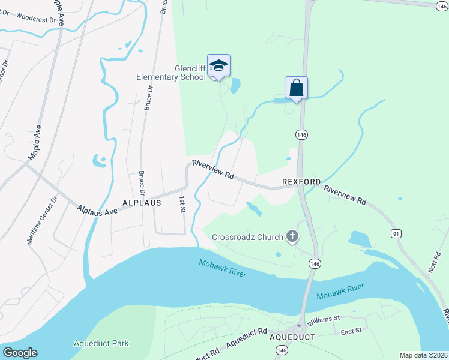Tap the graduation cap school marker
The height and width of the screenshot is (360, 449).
218,66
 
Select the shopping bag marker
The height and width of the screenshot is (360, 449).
296,88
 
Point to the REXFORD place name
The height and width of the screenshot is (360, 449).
302,181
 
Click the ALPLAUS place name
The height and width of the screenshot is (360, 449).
142,203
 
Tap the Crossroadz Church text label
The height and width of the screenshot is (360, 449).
247,237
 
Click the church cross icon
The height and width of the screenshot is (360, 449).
292,236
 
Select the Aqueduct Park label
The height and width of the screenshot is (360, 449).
101,344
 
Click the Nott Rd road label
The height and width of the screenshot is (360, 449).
435,262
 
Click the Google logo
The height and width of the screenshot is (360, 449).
19,353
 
